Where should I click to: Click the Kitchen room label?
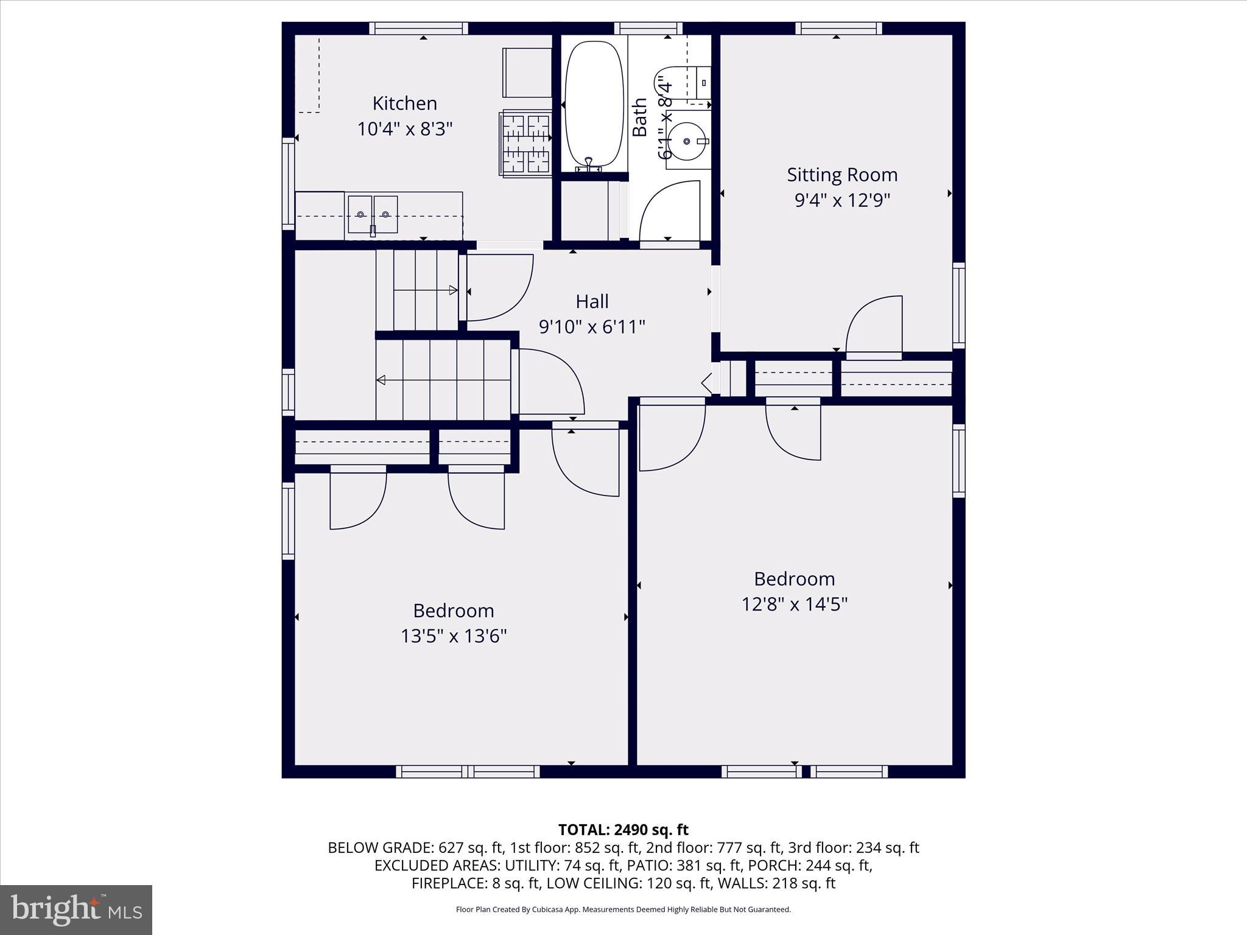[404, 103]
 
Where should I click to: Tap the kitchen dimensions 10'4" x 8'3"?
[404, 129]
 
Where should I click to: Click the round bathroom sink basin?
[687, 141]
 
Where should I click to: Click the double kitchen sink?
[373, 214]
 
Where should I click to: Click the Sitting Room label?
[841, 175]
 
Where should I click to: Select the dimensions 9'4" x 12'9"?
[841, 200]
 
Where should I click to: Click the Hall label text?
[592, 301]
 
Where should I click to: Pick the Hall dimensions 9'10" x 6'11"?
[592, 327]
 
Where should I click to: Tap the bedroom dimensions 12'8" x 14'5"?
[794, 604]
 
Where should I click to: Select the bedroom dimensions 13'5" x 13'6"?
[453, 636]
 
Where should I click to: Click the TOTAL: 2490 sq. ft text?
[623, 830]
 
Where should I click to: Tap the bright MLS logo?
[76, 909]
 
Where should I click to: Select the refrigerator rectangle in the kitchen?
[527, 72]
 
